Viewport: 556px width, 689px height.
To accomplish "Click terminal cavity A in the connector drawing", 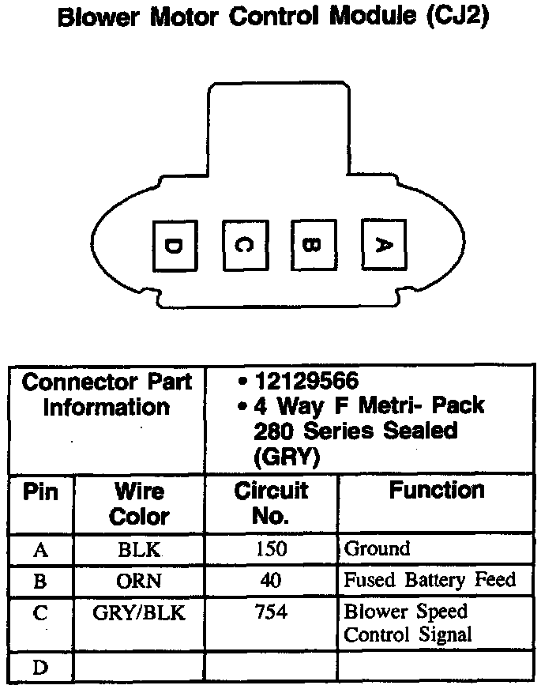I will coord(382,245).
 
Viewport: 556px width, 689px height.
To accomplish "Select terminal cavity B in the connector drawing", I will coord(314,245).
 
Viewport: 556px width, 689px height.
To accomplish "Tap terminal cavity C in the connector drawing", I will coord(245,245).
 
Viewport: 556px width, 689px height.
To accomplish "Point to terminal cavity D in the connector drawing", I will coord(174,245).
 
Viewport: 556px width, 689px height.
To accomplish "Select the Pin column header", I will coord(41,492).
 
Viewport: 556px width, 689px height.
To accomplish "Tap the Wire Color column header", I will coord(139,503).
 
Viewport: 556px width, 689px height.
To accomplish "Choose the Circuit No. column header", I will coord(271,503).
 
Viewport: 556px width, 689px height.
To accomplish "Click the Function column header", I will coord(436,491).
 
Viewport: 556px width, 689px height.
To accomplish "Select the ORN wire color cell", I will coord(139,582).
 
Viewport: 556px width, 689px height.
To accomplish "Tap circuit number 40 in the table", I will coord(271,582).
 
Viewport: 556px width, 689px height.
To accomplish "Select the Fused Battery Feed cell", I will coord(430,581).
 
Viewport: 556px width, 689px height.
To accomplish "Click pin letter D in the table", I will coord(40,668).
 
